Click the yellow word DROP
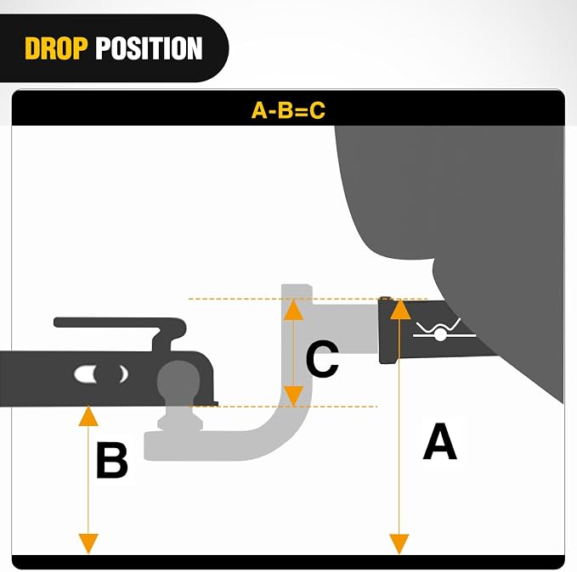click(x=56, y=48)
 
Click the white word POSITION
click(x=149, y=48)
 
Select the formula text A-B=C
click(x=288, y=110)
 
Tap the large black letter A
click(x=439, y=441)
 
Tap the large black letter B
click(x=112, y=460)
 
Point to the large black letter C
click(x=322, y=358)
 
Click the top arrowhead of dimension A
click(x=399, y=309)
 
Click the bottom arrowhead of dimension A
click(x=399, y=544)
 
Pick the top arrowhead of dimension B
click(x=88, y=416)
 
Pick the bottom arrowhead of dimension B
click(x=88, y=543)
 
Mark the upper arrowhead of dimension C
click(x=293, y=310)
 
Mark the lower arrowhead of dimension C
click(x=293, y=396)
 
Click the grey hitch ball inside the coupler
click(x=178, y=380)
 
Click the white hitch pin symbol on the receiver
click(x=442, y=330)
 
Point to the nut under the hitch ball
click(x=180, y=423)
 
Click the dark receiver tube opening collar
click(x=388, y=330)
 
